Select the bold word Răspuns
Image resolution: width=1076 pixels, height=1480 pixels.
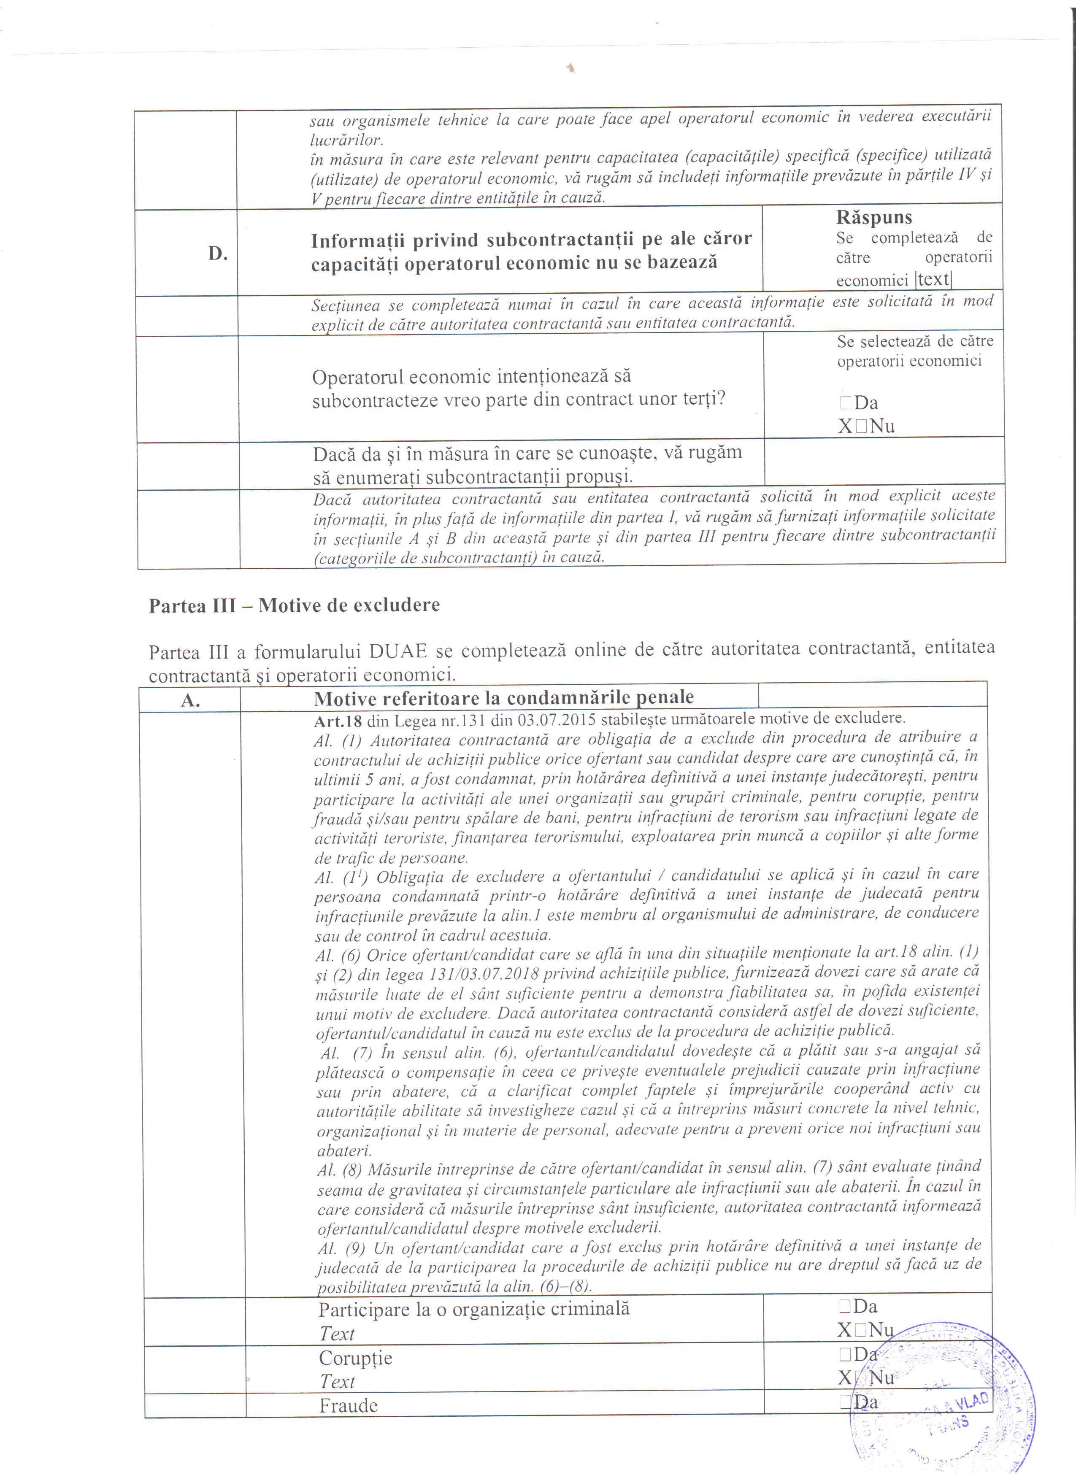tap(874, 217)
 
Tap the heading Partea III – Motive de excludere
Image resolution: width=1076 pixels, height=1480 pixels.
tap(294, 605)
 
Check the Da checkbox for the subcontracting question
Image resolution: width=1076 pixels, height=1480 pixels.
tap(846, 402)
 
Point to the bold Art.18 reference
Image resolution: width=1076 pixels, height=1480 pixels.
tap(337, 720)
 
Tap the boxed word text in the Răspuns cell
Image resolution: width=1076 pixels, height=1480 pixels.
tap(933, 279)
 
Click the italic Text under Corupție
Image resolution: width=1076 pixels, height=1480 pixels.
tap(337, 1381)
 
